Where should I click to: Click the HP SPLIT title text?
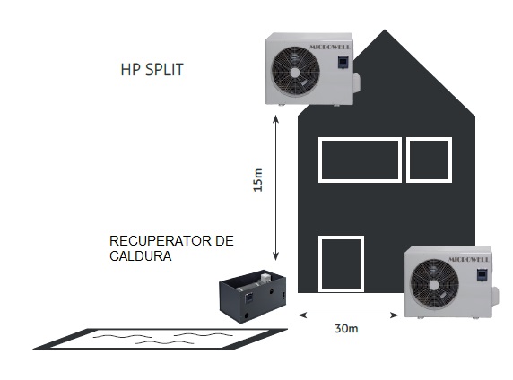coord(152,69)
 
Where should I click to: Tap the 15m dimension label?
coord(258,180)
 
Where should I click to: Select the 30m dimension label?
coord(346,328)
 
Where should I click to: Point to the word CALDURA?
coord(140,255)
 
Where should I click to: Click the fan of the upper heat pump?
coord(295,72)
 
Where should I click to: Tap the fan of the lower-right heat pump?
coord(434,284)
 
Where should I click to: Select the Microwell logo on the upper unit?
coord(330,47)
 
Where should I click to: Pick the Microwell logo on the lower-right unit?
coord(469,259)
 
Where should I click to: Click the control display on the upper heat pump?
coord(343,62)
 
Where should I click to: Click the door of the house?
coord(320,263)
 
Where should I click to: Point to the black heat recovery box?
coord(252,296)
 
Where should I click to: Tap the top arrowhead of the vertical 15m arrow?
coord(276,118)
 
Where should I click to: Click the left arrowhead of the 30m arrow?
coord(301,315)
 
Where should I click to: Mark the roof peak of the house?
coord(385,30)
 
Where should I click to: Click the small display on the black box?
coord(249,298)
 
